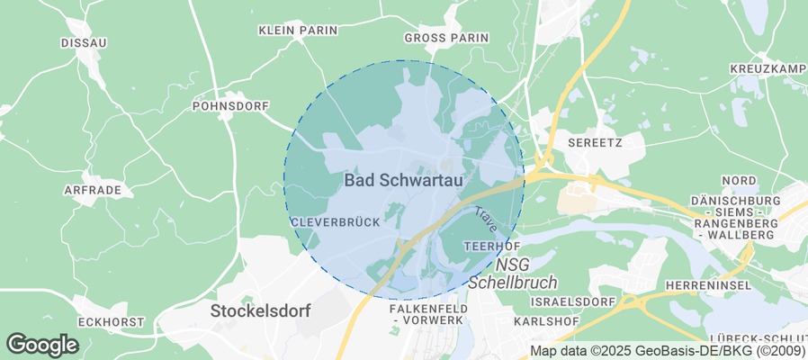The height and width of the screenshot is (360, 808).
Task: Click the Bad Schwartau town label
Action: coord(404,180)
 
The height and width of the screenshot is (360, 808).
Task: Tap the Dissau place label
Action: coord(84,42)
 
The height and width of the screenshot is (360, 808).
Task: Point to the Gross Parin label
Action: coord(446,38)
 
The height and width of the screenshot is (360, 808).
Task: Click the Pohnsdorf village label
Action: coord(231,106)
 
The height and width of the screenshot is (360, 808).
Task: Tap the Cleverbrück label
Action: coord(328,221)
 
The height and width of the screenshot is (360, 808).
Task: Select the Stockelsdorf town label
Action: coord(260,311)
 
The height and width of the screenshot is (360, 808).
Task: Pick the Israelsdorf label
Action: coord(573,301)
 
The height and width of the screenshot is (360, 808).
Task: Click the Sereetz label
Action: coord(596,142)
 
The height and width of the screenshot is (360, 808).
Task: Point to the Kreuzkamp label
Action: coord(769,69)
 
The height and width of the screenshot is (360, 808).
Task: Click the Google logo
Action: coord(42,344)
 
